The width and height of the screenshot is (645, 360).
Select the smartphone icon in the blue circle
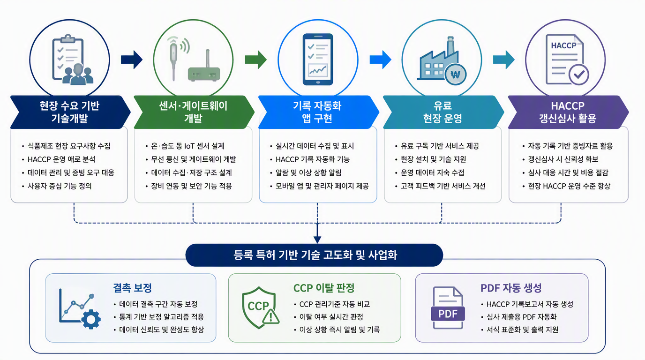[318, 60]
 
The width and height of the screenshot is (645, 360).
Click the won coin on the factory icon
[455, 75]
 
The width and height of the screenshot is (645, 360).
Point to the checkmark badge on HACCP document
[579, 75]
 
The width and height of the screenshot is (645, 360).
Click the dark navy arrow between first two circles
[132, 60]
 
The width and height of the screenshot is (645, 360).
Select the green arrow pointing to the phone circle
[255, 60]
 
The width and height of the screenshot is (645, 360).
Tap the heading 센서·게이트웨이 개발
[193, 112]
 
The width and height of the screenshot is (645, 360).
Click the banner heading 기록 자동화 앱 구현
[317, 112]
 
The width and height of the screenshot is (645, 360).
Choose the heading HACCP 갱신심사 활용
[568, 112]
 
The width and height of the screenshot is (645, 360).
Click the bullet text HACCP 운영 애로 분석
[61, 159]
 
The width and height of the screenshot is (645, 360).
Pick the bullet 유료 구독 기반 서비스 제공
[440, 146]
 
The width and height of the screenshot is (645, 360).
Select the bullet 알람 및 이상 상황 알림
[308, 172]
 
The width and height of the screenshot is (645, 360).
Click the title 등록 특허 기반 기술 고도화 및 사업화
[315, 255]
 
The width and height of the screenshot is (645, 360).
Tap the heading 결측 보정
[132, 288]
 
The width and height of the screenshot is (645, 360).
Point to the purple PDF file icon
[448, 307]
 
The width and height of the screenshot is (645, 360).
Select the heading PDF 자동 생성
[511, 288]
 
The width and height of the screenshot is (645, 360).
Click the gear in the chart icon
[91, 319]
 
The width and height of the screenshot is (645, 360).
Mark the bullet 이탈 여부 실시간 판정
[331, 317]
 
